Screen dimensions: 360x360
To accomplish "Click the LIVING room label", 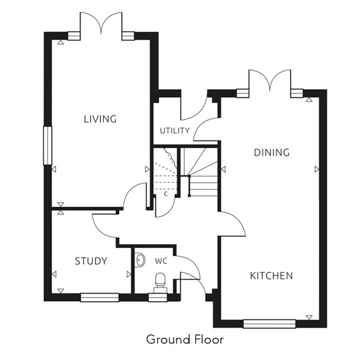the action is point(100,119).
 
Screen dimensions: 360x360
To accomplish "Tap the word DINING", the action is point(271,152).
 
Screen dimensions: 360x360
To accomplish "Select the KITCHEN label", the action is point(271,276).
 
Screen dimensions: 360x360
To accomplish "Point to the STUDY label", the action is point(91,261).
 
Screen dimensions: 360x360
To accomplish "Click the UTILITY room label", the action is point(174,131).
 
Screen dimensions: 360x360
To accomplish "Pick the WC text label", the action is point(161,261).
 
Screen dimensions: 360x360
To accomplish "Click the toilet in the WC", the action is point(161,282).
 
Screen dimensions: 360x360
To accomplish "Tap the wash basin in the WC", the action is point(140,260).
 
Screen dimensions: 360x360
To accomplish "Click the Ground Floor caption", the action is point(185,339).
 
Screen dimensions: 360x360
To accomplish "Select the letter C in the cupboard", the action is point(165,194).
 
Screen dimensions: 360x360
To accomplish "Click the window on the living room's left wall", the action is point(48,145).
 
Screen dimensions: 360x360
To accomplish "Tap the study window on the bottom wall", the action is point(100,297).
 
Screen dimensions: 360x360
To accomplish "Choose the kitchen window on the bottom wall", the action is point(269,323).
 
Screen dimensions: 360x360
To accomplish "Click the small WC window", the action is point(158,297).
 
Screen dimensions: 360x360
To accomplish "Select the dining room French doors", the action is point(269,81).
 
